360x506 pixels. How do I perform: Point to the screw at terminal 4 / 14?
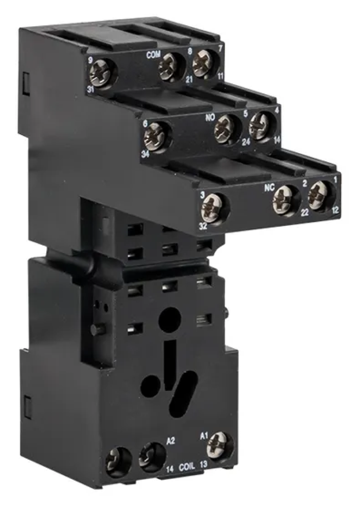(x=259, y=125)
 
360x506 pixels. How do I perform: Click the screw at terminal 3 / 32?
(x=211, y=207)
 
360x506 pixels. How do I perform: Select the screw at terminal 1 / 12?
(x=317, y=194)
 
